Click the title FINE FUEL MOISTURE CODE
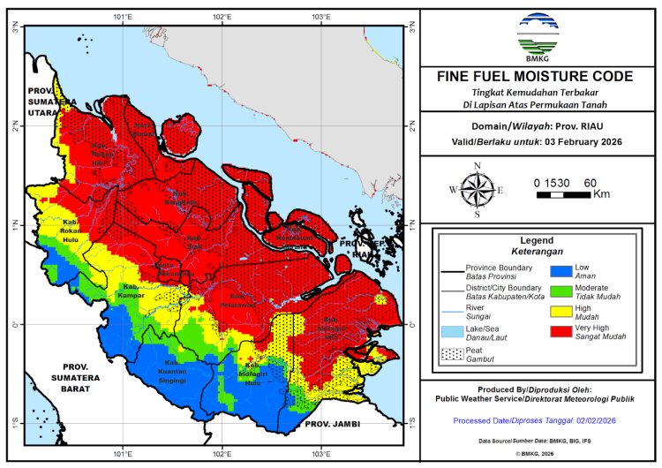pos(536,77)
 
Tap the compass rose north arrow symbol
pos(478,188)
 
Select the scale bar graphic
pos(565,192)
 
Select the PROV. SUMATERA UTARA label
pos(49,102)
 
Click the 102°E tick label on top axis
pos(222,17)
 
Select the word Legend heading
pos(536,239)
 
